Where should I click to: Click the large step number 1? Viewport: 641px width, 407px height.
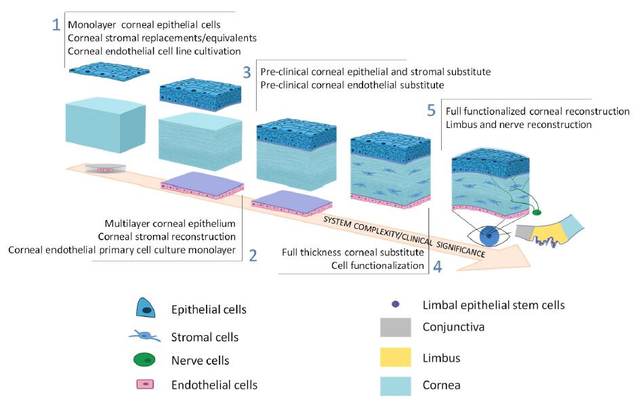click(56, 24)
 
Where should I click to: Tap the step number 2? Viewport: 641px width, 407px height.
click(253, 255)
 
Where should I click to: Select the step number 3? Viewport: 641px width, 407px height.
click(247, 72)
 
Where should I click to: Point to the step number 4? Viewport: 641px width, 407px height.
click(438, 267)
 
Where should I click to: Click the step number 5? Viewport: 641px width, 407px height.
click(431, 110)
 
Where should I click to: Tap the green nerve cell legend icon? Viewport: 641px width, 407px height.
click(145, 360)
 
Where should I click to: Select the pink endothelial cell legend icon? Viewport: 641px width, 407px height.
click(145, 384)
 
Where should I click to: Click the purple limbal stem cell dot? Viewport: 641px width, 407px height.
click(395, 304)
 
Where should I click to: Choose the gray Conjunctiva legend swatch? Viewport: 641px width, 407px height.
click(395, 327)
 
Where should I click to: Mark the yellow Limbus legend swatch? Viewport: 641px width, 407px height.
click(395, 357)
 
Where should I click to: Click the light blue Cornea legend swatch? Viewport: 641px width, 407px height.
click(395, 386)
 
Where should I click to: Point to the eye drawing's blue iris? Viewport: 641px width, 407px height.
click(489, 236)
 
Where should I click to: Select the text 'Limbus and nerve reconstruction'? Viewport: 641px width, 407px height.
click(518, 125)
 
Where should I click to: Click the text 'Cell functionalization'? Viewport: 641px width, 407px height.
click(377, 265)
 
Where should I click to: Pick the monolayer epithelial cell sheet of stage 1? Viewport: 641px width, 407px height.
click(109, 72)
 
